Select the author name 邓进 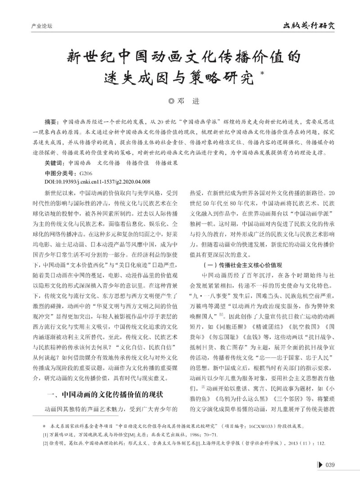click(186, 102)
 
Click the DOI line click(98, 181)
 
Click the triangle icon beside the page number click(321, 465)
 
